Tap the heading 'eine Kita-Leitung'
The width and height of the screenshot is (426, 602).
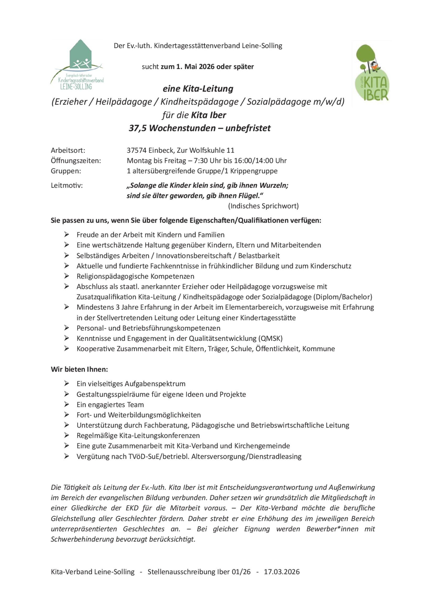198,89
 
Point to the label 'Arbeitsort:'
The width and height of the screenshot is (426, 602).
68,150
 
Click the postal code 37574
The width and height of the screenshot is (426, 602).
136,150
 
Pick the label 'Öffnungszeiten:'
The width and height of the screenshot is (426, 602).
76,160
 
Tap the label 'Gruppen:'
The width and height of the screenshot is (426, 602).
66,171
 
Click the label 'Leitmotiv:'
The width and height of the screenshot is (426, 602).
67,185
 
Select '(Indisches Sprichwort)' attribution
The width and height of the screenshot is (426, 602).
263,206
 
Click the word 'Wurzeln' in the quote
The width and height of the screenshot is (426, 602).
274,185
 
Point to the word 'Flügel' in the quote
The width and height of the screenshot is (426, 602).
248,196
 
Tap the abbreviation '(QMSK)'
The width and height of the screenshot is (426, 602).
270,338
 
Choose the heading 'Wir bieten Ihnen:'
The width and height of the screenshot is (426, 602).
79,369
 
